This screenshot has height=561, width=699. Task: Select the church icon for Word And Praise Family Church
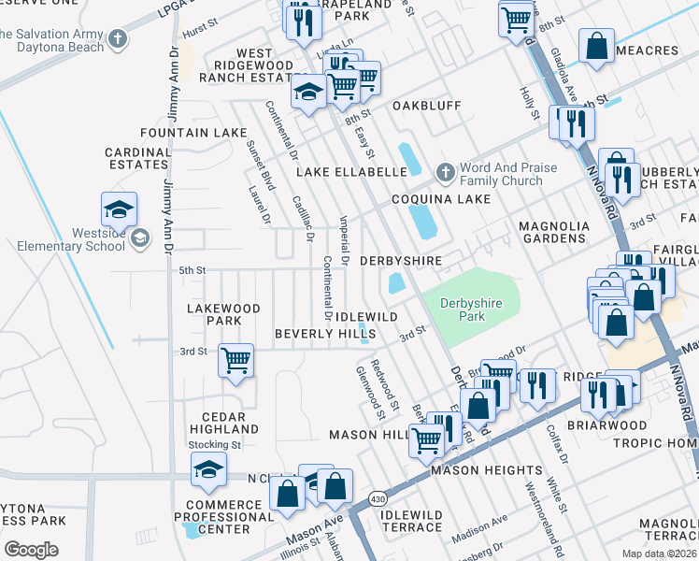445,173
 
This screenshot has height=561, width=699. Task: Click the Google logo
31,550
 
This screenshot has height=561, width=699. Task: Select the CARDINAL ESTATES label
136,158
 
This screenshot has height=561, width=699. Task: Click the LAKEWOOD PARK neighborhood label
223,314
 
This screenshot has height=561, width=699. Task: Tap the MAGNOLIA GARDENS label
553,233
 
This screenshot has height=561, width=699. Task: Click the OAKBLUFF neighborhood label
426,106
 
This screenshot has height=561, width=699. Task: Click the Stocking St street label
215,445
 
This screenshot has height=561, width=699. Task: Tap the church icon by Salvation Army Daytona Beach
117,39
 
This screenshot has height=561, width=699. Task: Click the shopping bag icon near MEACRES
596,45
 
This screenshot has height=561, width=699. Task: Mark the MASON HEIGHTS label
487,470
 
